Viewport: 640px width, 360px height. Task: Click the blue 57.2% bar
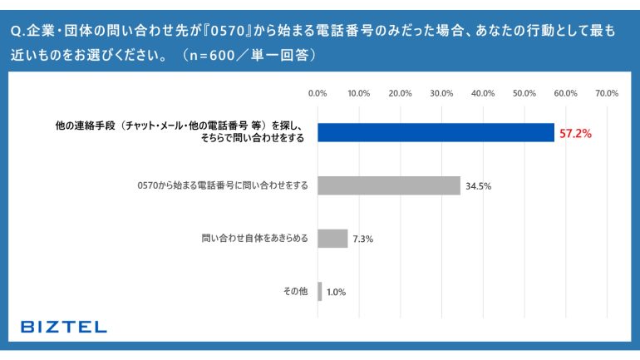[x=436, y=132]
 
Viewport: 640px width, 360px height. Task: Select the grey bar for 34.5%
[x=388, y=185]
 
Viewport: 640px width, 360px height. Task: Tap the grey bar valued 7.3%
[x=332, y=239]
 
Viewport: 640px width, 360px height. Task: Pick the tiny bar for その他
[x=319, y=291]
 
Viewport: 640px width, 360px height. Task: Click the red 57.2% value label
[x=574, y=133]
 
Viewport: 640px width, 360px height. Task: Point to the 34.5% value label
[x=479, y=186]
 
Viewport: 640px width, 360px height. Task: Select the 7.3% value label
[x=363, y=239]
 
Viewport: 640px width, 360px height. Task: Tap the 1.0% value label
[x=336, y=292]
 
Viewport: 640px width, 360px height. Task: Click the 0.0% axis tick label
[x=318, y=93]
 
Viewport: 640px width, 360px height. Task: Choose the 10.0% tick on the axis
[x=359, y=93]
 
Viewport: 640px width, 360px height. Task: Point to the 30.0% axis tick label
[x=441, y=93]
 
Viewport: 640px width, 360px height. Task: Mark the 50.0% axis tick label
[x=524, y=93]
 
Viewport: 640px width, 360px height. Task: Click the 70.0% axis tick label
[x=607, y=93]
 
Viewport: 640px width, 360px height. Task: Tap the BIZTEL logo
[x=64, y=327]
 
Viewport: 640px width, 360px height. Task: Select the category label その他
[x=296, y=291]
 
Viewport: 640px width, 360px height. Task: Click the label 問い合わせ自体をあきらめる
[x=254, y=239]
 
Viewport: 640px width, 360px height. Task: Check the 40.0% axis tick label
[x=483, y=93]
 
